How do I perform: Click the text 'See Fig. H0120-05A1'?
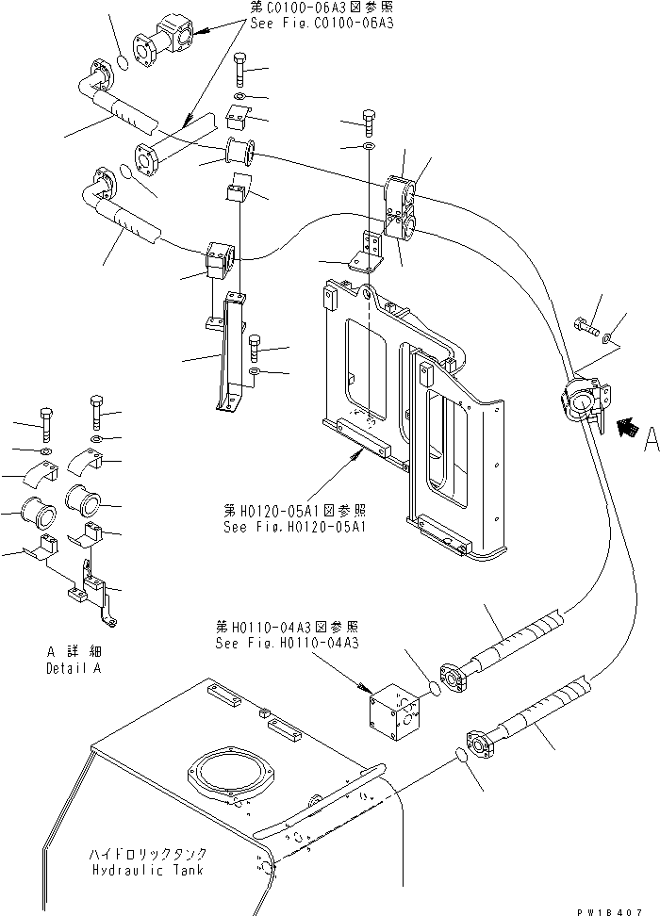click(x=287, y=526)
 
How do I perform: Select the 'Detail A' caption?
click(x=73, y=668)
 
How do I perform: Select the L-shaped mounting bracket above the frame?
click(x=367, y=254)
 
